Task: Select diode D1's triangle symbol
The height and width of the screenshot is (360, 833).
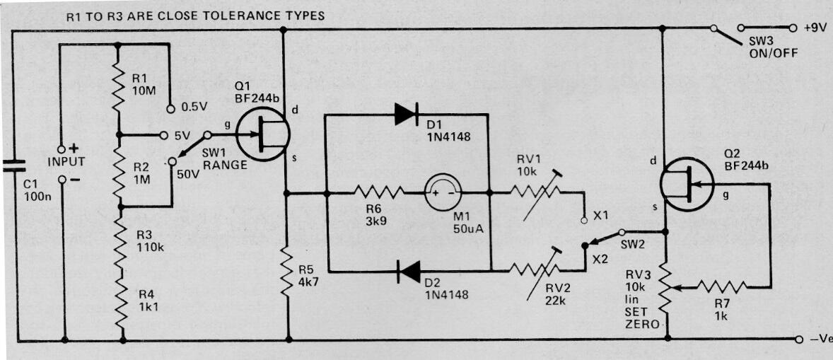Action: (407, 114)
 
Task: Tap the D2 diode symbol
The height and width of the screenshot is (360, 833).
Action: (409, 272)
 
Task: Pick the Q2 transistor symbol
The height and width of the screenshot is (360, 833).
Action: (687, 184)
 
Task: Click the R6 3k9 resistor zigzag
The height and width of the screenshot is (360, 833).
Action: (379, 192)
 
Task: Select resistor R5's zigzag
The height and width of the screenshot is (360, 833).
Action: (287, 274)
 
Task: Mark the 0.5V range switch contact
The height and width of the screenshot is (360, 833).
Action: (170, 109)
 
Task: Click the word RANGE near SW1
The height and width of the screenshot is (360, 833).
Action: (226, 165)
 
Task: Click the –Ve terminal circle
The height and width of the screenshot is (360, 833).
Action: (799, 339)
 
